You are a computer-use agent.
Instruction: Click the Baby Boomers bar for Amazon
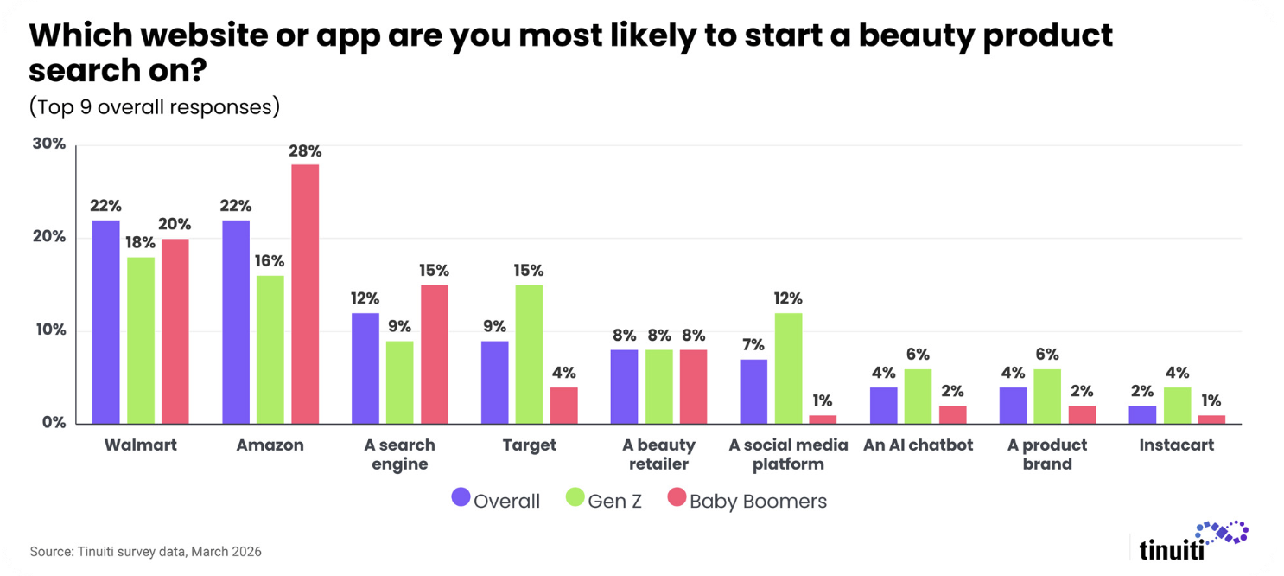tap(305, 294)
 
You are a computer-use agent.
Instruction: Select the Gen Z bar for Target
tap(529, 355)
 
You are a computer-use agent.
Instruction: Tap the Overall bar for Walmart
tap(106, 323)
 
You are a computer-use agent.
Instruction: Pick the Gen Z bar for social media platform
tap(789, 369)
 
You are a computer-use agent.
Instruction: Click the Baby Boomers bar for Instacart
tap(1211, 420)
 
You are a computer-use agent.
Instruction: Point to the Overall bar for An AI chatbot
tap(884, 406)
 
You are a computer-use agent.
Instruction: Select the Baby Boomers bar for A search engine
tap(435, 355)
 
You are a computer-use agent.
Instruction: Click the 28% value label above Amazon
tap(305, 151)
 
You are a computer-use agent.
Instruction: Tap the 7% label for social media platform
tap(753, 345)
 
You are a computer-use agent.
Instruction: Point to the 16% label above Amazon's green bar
tap(270, 261)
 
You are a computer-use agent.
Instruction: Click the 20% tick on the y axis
tap(49, 236)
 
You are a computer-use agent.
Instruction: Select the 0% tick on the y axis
tap(54, 423)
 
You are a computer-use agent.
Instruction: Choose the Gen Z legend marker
tap(575, 496)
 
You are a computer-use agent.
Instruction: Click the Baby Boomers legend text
tap(759, 502)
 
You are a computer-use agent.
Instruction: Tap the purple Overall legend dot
tap(461, 496)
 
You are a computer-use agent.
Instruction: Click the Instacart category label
tap(1176, 445)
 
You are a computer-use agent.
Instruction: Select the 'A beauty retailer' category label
tap(658, 454)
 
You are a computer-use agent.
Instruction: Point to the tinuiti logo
tap(1193, 541)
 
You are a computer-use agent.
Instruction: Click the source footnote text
tap(146, 552)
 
